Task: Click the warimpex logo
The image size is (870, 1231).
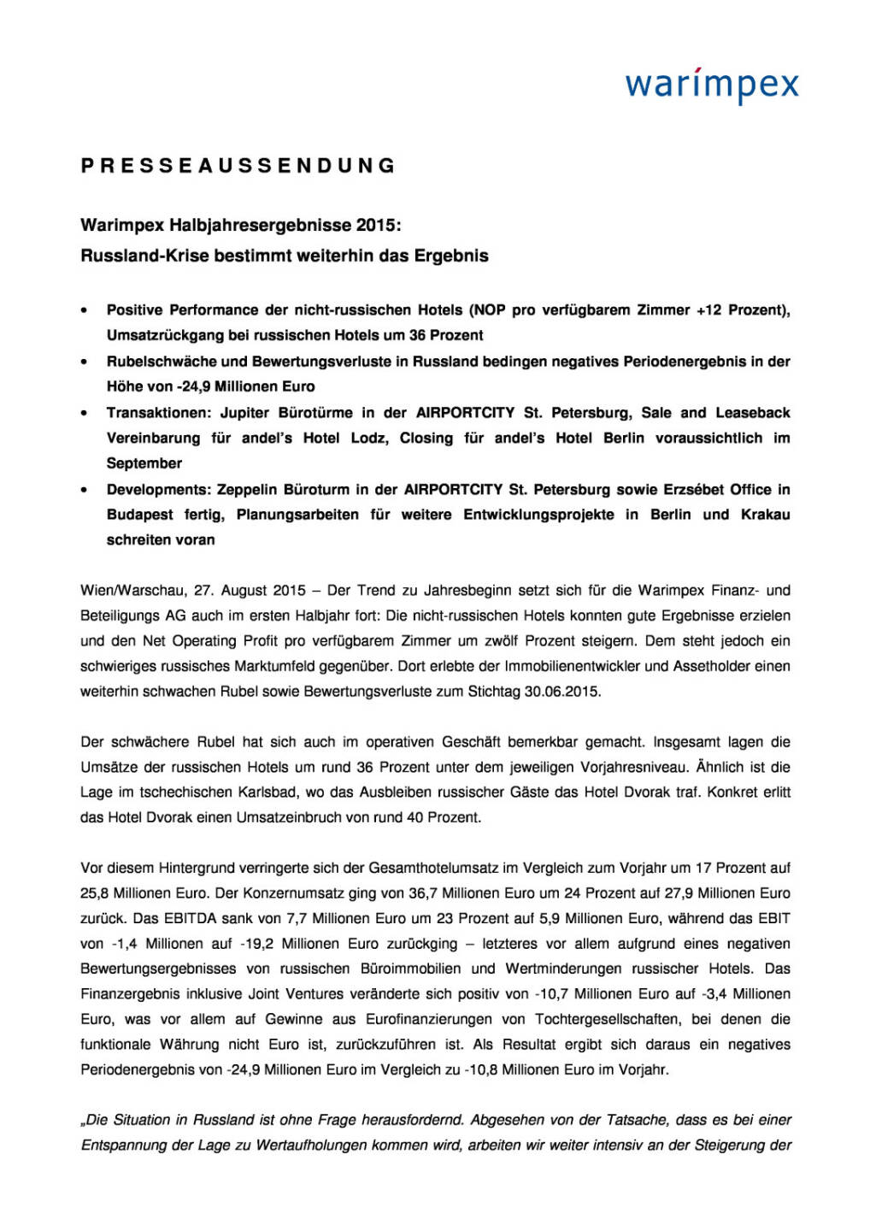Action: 712,85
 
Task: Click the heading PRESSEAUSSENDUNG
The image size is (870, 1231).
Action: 238,166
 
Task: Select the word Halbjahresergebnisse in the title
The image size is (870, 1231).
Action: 261,226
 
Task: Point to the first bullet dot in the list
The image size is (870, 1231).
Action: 84,311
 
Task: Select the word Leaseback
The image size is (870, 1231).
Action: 753,413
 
